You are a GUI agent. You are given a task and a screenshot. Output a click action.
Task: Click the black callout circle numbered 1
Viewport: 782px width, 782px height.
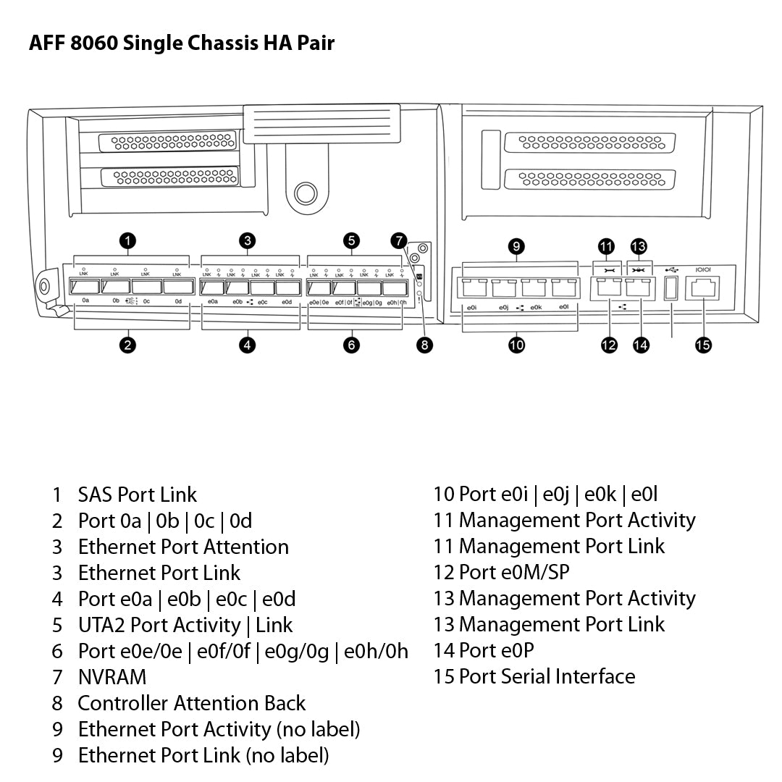(128, 241)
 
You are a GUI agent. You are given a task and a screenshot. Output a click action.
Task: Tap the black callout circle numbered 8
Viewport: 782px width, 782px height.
(425, 345)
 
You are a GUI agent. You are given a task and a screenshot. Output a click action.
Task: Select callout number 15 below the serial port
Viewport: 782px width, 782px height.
(702, 345)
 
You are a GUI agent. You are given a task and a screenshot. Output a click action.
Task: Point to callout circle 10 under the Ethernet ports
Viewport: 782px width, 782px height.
(516, 345)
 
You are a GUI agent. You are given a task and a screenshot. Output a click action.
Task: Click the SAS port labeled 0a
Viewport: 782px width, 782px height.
(87, 287)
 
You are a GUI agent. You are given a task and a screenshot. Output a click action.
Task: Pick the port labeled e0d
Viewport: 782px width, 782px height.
(287, 287)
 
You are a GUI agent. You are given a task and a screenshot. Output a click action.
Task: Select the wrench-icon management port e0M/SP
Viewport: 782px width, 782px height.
(607, 287)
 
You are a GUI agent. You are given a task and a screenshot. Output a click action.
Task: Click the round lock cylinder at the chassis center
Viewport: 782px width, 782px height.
(306, 193)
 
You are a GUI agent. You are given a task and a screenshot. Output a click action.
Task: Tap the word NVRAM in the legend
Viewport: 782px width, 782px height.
(112, 677)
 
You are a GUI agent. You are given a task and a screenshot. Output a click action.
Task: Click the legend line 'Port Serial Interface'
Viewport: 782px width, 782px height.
(547, 676)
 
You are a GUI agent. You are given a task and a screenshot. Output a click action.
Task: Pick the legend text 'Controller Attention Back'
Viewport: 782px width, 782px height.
(192, 703)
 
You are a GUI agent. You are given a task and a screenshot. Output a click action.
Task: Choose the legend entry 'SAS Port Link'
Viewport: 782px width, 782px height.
(138, 495)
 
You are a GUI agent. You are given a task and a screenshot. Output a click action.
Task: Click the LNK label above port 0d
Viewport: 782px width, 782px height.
(177, 274)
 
